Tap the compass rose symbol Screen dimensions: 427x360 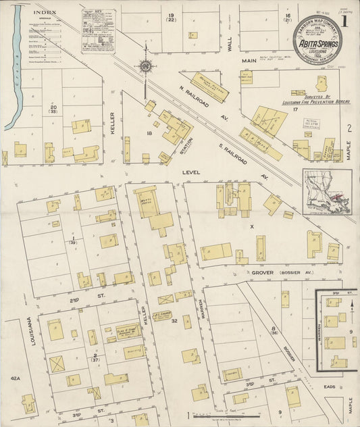click(145, 66)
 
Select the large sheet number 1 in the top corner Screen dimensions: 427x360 click(346, 21)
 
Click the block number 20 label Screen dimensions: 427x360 click(53, 107)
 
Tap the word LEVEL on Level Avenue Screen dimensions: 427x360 click(192, 173)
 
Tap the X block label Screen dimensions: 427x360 click(252, 227)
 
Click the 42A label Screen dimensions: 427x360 click(14, 379)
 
